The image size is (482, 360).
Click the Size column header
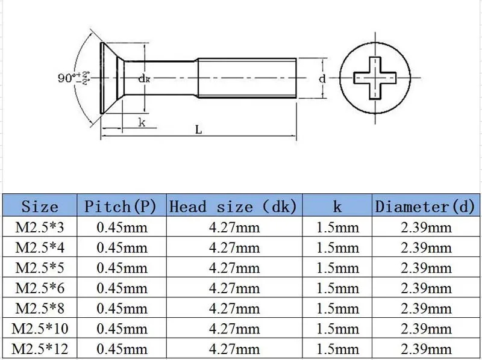[x=40, y=206]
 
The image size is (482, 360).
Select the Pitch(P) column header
[x=120, y=206]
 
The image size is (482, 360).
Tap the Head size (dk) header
[x=233, y=206]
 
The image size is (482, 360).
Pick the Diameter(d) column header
[x=425, y=206]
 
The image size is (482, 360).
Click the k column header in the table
[x=337, y=206]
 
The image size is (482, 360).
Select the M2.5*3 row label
[x=40, y=228]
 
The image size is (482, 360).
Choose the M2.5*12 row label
[x=40, y=349]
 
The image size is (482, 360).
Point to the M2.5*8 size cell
[x=40, y=308]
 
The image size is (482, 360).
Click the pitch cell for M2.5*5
[x=122, y=268]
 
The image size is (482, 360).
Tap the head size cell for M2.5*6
[x=234, y=288]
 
